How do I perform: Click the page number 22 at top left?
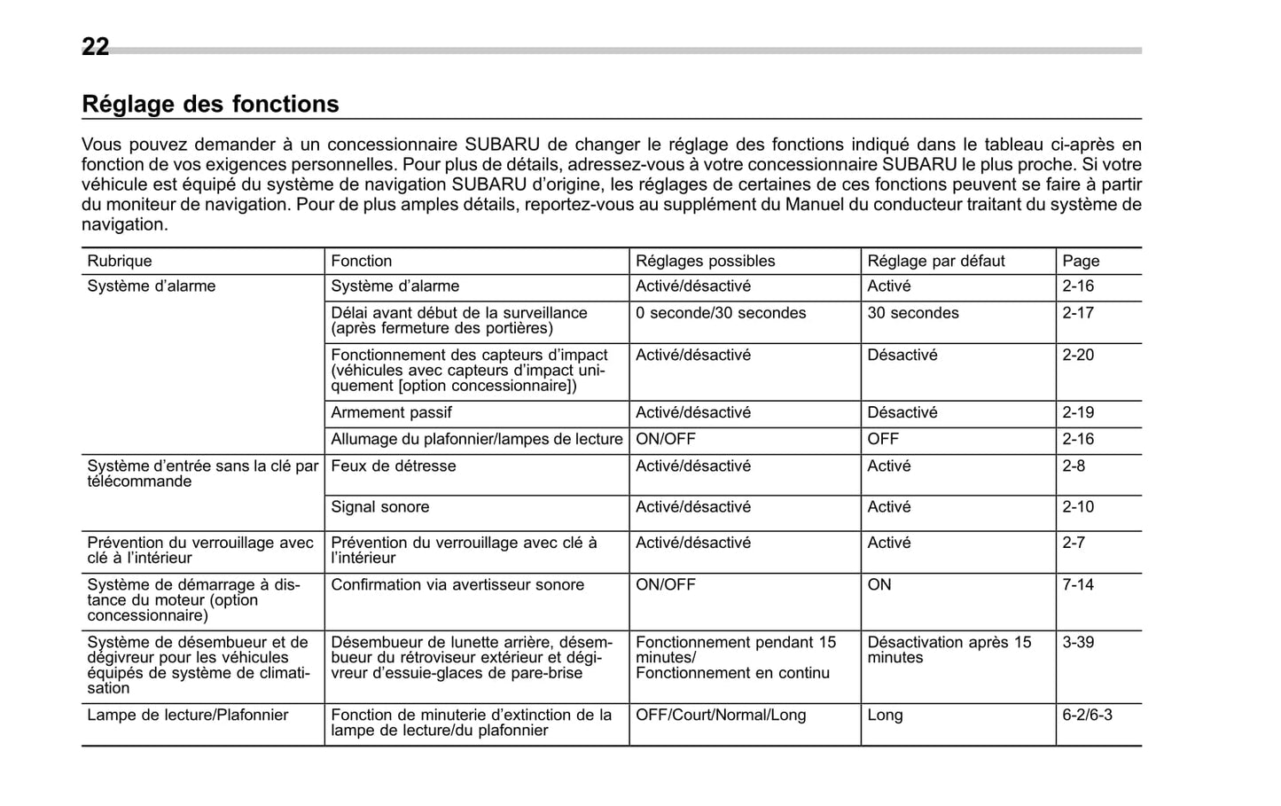(95, 47)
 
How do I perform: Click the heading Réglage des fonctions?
(210, 105)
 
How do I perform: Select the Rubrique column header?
(120, 261)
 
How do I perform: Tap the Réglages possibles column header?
(705, 261)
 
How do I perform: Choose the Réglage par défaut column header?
(935, 261)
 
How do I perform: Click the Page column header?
(1081, 261)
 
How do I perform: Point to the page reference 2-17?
(1078, 313)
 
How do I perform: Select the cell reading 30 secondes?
(912, 313)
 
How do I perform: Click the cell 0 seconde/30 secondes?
(721, 313)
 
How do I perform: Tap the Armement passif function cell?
(391, 412)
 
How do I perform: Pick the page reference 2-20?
(1078, 355)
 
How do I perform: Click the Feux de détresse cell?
(393, 466)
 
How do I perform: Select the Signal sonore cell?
(379, 507)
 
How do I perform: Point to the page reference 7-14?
(1078, 584)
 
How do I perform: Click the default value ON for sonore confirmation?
(879, 584)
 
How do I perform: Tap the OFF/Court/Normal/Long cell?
(721, 715)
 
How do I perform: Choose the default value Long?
(885, 715)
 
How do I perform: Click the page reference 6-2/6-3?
(1087, 715)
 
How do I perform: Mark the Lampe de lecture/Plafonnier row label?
(187, 715)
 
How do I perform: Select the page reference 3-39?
(1078, 642)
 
